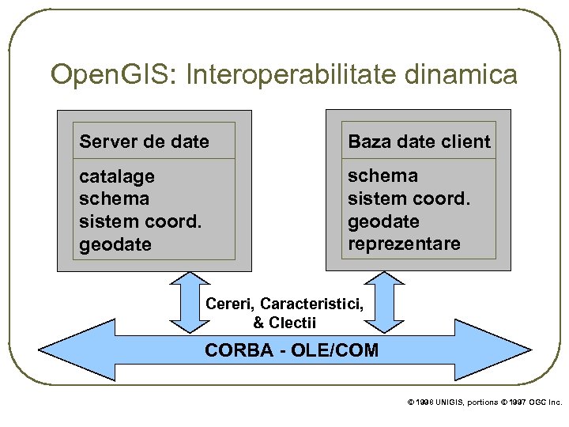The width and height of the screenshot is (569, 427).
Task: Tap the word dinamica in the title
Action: pyautogui.click(x=460, y=75)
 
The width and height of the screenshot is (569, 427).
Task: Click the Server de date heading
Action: pyautogui.click(x=145, y=142)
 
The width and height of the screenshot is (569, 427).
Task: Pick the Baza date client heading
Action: pyautogui.click(x=419, y=142)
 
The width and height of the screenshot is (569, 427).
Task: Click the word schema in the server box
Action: pyautogui.click(x=114, y=198)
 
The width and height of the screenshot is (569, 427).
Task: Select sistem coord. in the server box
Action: pyautogui.click(x=140, y=221)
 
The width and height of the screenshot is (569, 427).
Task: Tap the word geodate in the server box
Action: pyautogui.click(x=115, y=244)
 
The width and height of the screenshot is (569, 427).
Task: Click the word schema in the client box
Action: pyautogui.click(x=382, y=176)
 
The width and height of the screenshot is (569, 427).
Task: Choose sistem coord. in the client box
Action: pyautogui.click(x=409, y=198)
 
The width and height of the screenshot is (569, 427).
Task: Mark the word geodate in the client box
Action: pyautogui.click(x=383, y=221)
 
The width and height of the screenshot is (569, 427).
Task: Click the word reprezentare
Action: pyautogui.click(x=404, y=244)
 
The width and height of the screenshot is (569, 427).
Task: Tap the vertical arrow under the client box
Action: pyautogui.click(x=387, y=301)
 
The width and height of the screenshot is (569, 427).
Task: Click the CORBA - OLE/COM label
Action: pyautogui.click(x=292, y=350)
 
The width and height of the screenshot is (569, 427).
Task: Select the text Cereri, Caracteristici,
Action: pyautogui.click(x=284, y=304)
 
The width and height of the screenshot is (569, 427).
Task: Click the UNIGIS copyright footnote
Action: pyautogui.click(x=484, y=402)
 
